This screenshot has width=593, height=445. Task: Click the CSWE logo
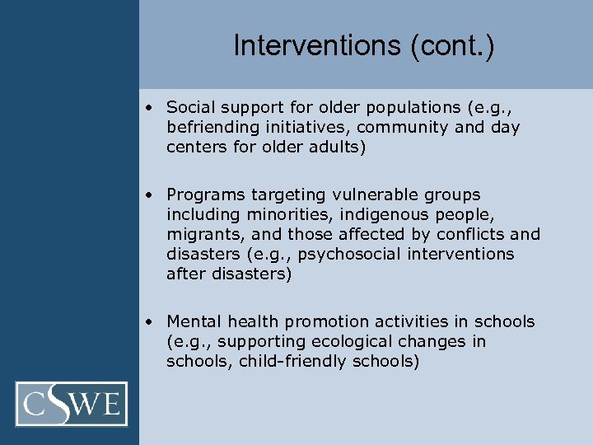pyautogui.click(x=72, y=404)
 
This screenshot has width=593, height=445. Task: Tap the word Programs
pyautogui.click(x=200, y=195)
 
